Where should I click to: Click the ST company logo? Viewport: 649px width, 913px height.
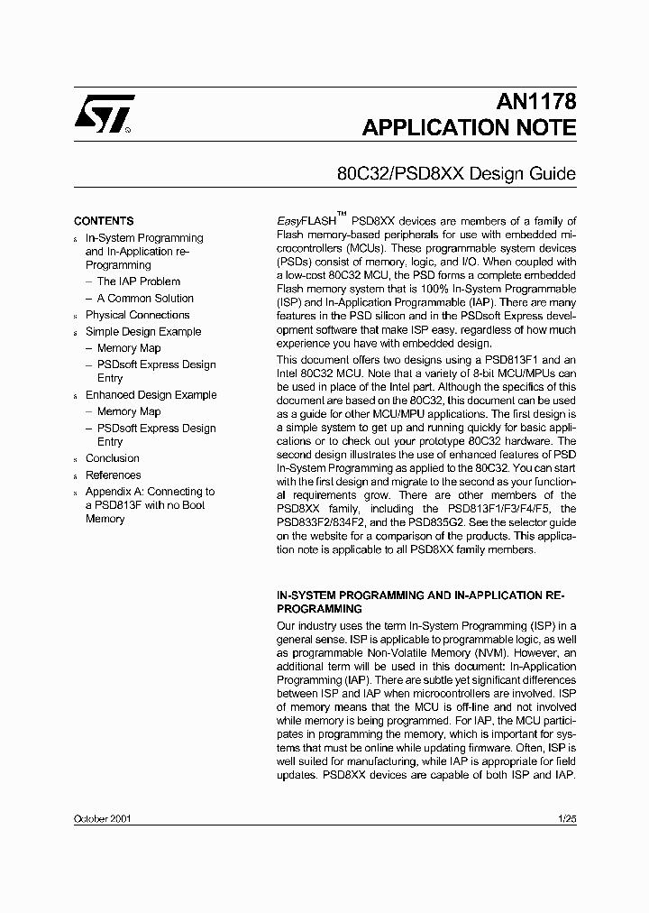(x=104, y=115)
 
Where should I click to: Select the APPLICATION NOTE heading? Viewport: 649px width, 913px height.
(x=469, y=128)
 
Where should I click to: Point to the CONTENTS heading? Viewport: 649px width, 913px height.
(x=104, y=221)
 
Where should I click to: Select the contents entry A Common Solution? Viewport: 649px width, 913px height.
(x=145, y=299)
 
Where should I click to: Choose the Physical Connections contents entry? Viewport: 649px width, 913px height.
(x=137, y=315)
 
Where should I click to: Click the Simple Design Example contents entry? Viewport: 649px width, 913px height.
(x=143, y=332)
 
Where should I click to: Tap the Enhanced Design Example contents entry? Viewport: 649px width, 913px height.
(x=151, y=395)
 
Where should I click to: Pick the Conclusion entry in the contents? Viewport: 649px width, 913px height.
(x=112, y=458)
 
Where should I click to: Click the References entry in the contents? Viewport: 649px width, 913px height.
(x=113, y=475)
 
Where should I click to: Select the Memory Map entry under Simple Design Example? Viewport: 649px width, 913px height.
(x=129, y=348)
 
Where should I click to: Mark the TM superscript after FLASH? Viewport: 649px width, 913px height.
(x=342, y=215)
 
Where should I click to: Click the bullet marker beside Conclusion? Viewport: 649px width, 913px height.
(x=76, y=460)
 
